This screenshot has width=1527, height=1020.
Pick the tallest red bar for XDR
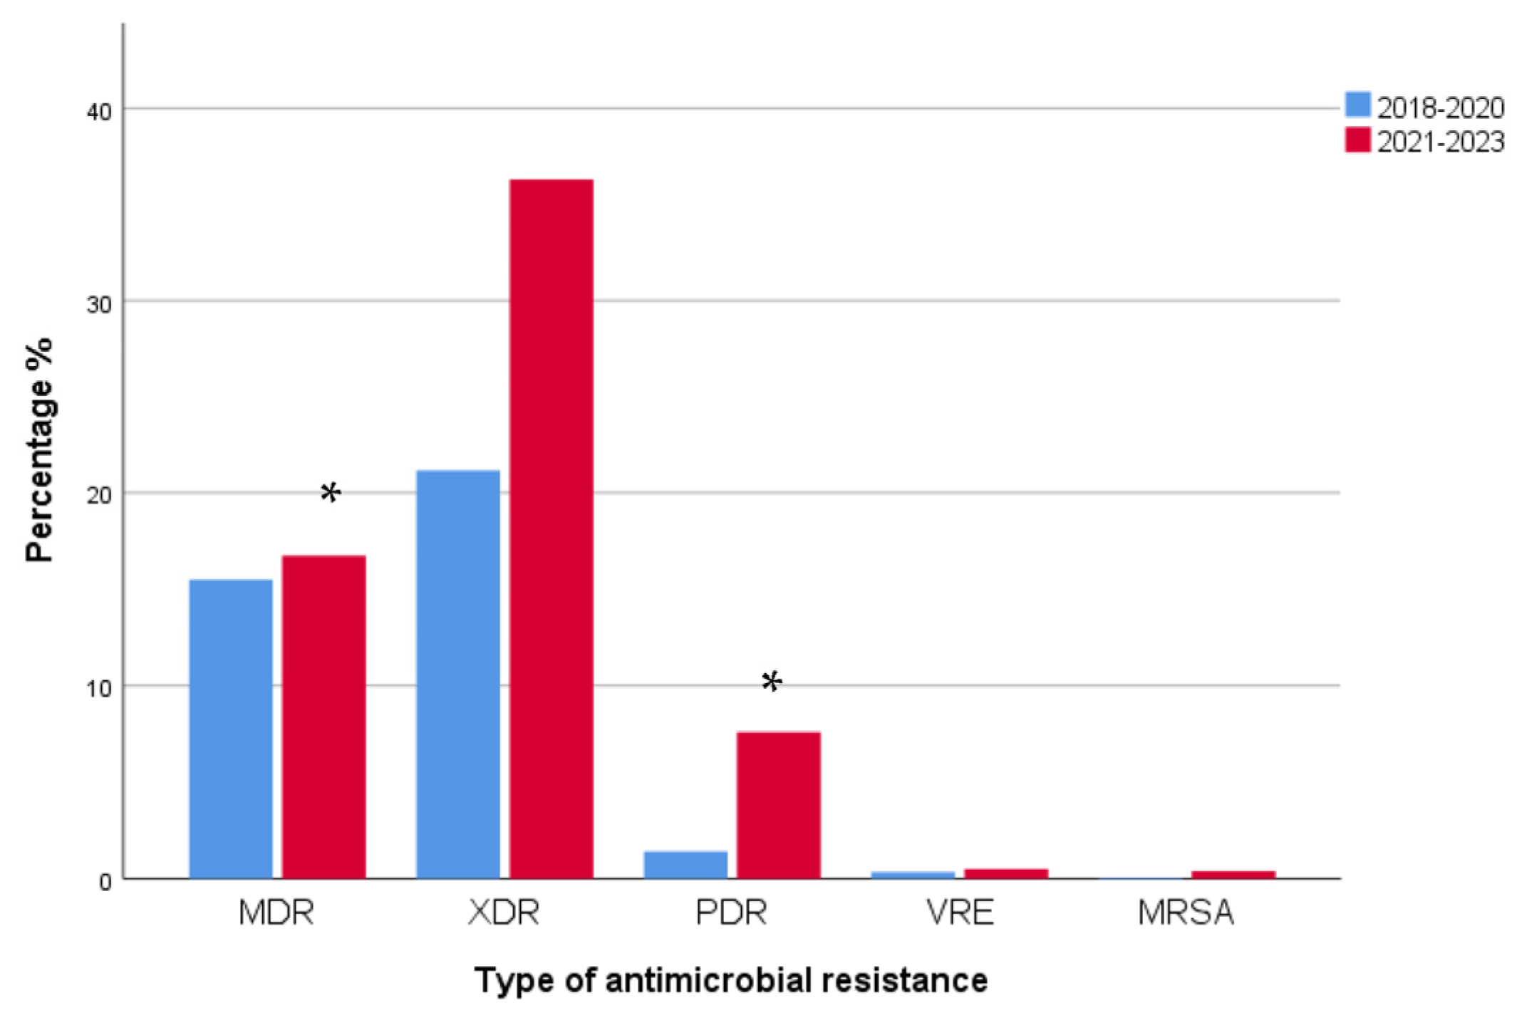pyautogui.click(x=551, y=529)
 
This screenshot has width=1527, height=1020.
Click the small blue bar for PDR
pyautogui.click(x=685, y=864)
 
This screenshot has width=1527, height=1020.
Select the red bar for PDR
pyautogui.click(x=778, y=805)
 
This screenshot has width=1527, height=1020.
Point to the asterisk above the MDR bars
pyautogui.click(x=331, y=492)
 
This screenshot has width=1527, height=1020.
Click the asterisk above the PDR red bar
pyautogui.click(x=772, y=682)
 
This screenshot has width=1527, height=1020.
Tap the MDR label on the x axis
pyautogui.click(x=276, y=912)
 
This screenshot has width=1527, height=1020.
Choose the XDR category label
pyautogui.click(x=503, y=912)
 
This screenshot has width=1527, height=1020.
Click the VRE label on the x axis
pyautogui.click(x=959, y=912)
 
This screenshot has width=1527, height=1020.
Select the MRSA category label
pyautogui.click(x=1186, y=912)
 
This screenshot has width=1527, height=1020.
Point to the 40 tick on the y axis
pyautogui.click(x=99, y=112)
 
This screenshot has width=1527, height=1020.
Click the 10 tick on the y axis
pyautogui.click(x=99, y=689)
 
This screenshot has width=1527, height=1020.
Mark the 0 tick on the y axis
pyautogui.click(x=105, y=882)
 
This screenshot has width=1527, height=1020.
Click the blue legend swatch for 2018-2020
pyautogui.click(x=1357, y=105)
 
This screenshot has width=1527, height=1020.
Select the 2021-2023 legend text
pyautogui.click(x=1440, y=142)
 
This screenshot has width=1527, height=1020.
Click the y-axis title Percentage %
pyautogui.click(x=39, y=450)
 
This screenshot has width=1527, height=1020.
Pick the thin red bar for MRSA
pyautogui.click(x=1233, y=874)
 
